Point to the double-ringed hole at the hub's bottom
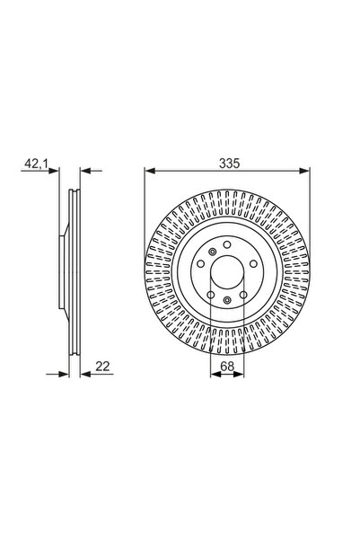pos(228,300)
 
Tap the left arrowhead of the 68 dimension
pos(215,375)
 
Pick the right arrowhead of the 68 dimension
pos(241,375)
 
